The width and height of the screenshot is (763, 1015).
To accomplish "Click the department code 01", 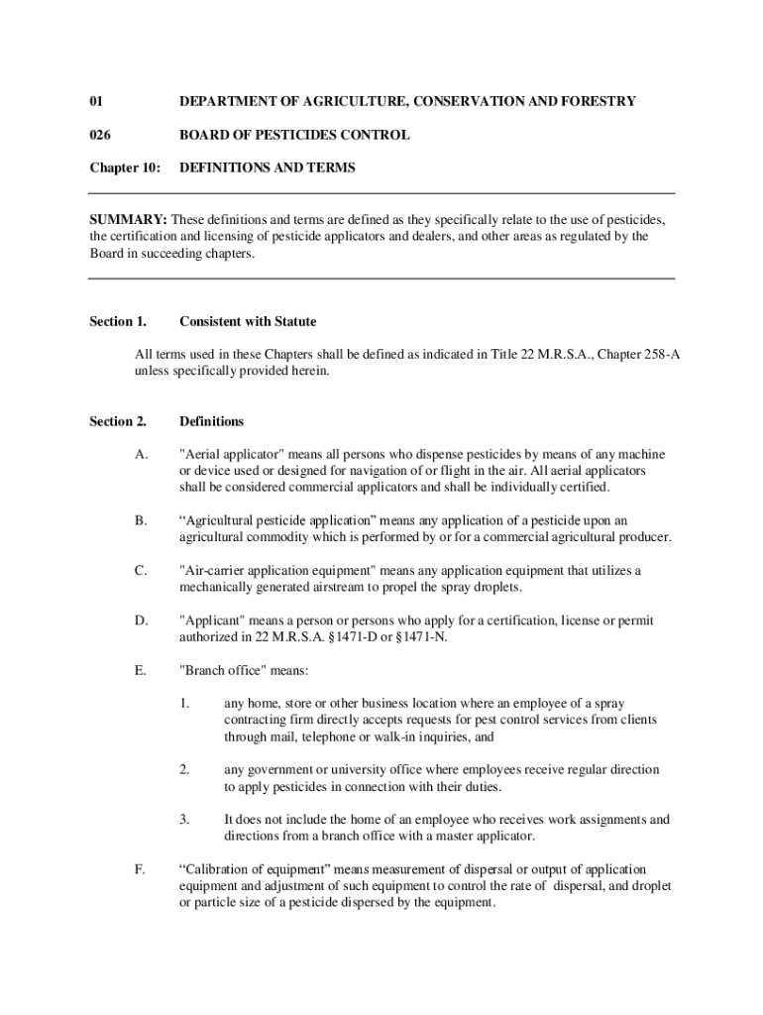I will pyautogui.click(x=96, y=101).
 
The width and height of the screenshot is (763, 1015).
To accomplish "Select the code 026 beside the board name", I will pyautogui.click(x=99, y=135).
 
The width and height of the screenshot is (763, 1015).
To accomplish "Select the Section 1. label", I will pyautogui.click(x=118, y=321).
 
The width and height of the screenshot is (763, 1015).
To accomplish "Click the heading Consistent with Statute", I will pyautogui.click(x=248, y=321).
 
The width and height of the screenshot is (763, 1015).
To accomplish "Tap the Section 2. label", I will pyautogui.click(x=118, y=421).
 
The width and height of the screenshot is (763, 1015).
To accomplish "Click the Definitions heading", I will pyautogui.click(x=211, y=421).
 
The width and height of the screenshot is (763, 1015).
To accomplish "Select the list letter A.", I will pyautogui.click(x=141, y=455).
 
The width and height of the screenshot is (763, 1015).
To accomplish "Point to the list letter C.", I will pyautogui.click(x=141, y=571).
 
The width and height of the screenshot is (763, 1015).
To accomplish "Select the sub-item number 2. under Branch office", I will pyautogui.click(x=184, y=770).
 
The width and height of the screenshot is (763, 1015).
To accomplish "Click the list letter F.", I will pyautogui.click(x=141, y=869).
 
